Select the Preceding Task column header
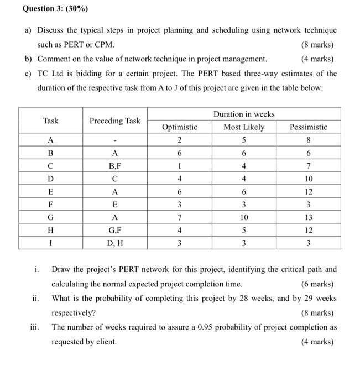click(x=115, y=121)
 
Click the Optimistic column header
click(x=179, y=127)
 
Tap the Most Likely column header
click(x=244, y=127)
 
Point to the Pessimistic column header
click(x=308, y=127)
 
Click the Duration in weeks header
click(x=244, y=114)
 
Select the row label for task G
click(x=51, y=218)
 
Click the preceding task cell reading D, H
click(x=115, y=243)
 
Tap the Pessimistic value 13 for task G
click(x=308, y=218)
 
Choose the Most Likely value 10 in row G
click(x=244, y=218)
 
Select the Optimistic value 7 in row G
click(x=179, y=218)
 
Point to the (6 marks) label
click(x=317, y=284)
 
